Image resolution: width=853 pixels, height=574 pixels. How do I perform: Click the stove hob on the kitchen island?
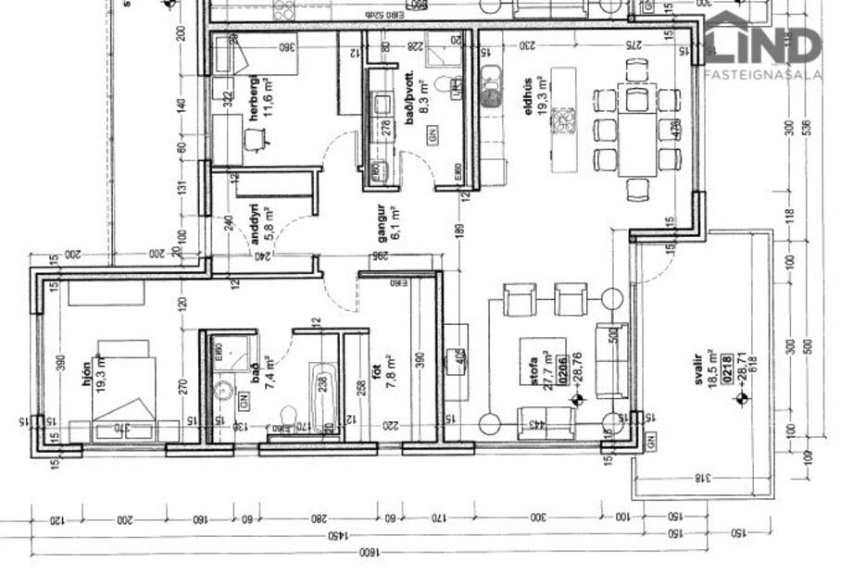pyautogui.click(x=564, y=119)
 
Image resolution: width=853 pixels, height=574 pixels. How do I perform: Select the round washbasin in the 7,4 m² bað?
pyautogui.click(x=222, y=390)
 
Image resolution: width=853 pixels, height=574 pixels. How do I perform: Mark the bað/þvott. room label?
pyautogui.click(x=408, y=92)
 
